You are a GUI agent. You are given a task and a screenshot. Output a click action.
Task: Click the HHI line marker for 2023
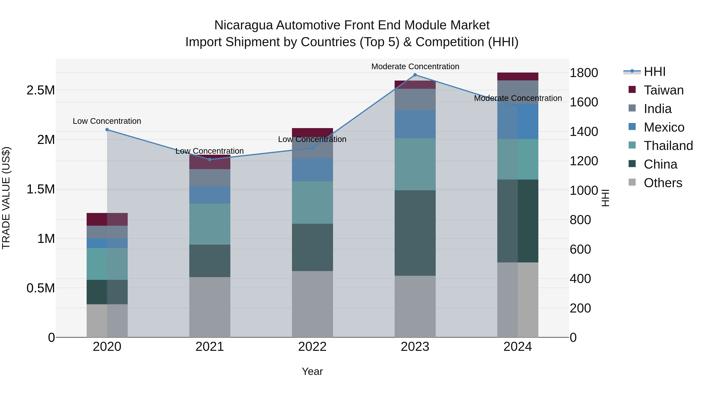tap(415, 75)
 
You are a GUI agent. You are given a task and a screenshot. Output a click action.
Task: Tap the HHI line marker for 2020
tap(107, 130)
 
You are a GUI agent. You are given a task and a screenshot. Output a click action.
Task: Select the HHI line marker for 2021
tap(210, 160)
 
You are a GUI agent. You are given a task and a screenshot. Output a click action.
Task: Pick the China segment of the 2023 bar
tap(415, 233)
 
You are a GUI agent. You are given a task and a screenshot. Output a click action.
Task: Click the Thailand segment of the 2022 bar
tap(312, 203)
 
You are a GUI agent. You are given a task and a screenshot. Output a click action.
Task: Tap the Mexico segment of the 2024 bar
tap(518, 122)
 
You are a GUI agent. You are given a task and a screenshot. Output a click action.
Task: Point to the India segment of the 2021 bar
tap(210, 178)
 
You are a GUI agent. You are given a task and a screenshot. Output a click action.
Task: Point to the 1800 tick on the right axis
tap(584, 73)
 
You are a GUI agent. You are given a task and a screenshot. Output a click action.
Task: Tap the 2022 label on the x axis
tap(312, 347)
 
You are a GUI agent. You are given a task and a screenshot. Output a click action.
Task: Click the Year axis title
tap(312, 371)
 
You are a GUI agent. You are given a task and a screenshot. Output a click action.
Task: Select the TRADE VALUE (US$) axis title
tap(6, 198)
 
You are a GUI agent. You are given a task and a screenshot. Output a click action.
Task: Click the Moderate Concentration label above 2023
tap(415, 66)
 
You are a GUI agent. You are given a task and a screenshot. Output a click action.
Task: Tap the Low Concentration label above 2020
tap(107, 121)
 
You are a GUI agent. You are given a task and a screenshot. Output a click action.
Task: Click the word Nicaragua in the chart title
tap(243, 25)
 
